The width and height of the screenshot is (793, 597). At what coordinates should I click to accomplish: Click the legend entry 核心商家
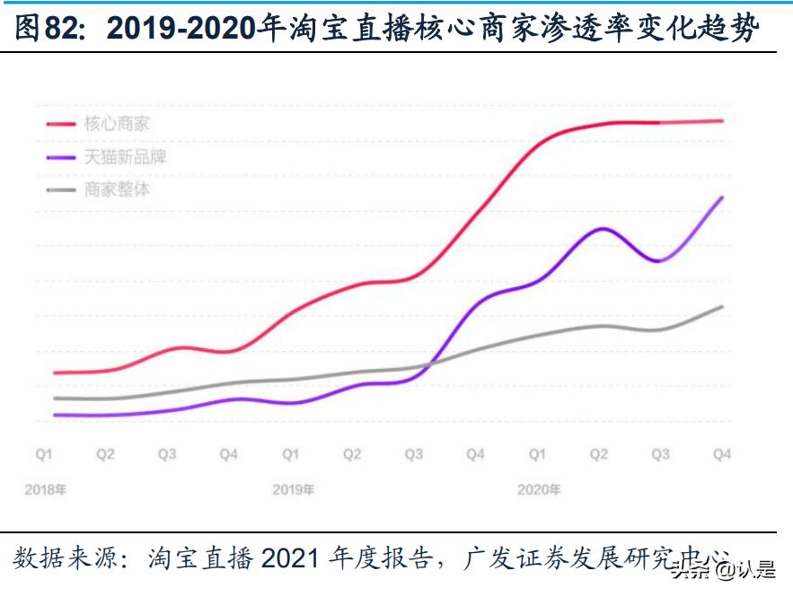click(x=117, y=124)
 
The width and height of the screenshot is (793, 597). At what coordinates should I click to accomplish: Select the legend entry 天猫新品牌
click(x=125, y=157)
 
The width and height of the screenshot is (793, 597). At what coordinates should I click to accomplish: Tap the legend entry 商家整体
click(x=117, y=189)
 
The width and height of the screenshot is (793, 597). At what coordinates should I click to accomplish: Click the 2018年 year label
click(x=46, y=490)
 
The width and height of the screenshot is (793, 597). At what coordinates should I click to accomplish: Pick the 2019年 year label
click(x=294, y=490)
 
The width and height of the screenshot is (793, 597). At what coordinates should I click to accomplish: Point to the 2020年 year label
click(x=539, y=490)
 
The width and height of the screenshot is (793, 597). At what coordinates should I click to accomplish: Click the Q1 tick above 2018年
click(x=44, y=455)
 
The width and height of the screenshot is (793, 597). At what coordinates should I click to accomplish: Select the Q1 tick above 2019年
click(x=290, y=455)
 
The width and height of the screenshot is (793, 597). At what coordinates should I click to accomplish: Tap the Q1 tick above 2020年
click(x=536, y=455)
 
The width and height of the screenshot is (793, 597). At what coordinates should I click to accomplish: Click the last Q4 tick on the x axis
click(x=721, y=455)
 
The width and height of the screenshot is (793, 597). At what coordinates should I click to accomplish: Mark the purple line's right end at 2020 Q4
click(x=723, y=197)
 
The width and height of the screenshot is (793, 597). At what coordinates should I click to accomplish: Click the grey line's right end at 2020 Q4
click(x=723, y=306)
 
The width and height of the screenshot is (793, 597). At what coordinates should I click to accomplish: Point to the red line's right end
click(x=723, y=120)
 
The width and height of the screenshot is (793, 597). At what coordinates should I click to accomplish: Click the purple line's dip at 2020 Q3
click(x=659, y=261)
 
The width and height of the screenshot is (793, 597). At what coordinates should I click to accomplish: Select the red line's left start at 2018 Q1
click(x=54, y=373)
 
